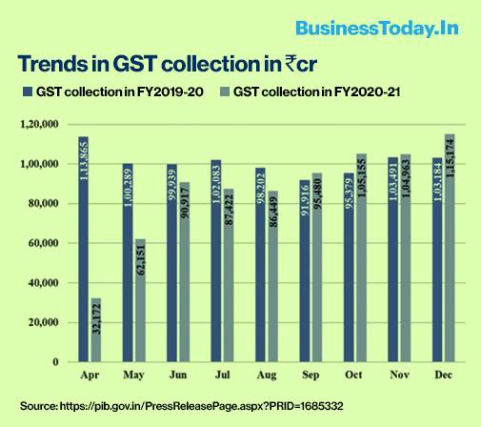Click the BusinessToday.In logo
pos(378,28)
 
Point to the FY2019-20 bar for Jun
pos(172,263)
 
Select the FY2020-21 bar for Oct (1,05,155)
pos(361,258)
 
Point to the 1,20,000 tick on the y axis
pos(42,125)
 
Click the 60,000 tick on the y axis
pos(45,243)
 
